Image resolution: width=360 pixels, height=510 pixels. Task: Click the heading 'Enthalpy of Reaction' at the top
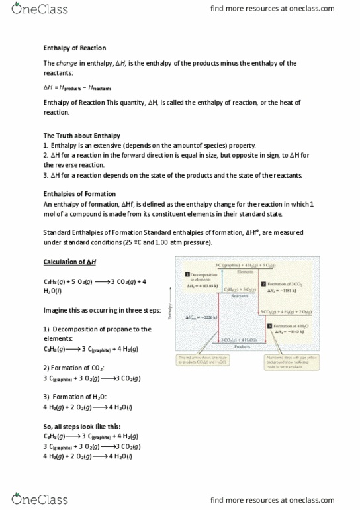tap(74, 48)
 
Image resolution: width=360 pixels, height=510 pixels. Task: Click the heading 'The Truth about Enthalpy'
tap(81, 136)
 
